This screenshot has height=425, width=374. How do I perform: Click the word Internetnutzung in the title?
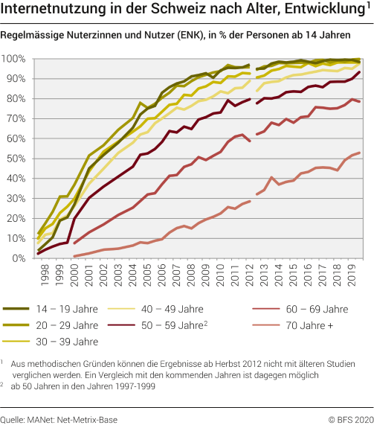point(49,10)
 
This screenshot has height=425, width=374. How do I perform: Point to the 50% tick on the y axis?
point(16,159)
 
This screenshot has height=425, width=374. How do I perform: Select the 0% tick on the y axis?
point(19,258)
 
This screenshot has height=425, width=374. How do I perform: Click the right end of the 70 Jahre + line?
point(361,153)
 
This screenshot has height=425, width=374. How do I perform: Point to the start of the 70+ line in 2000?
point(74,256)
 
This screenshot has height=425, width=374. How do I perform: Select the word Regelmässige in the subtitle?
point(31,35)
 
